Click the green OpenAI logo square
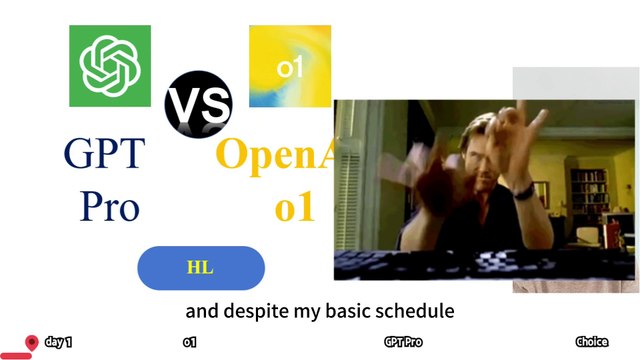coord(110,66)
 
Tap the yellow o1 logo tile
coord(290,67)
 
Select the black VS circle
coord(198,104)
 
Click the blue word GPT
coord(104,155)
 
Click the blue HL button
coord(200,268)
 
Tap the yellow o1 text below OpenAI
coord(294,208)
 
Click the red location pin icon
coord(32,343)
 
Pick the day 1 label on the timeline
coord(59,342)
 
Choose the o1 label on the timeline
coord(189,342)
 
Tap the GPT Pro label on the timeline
coord(403,342)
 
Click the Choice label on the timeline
coord(592,342)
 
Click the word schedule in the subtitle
coord(413,311)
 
